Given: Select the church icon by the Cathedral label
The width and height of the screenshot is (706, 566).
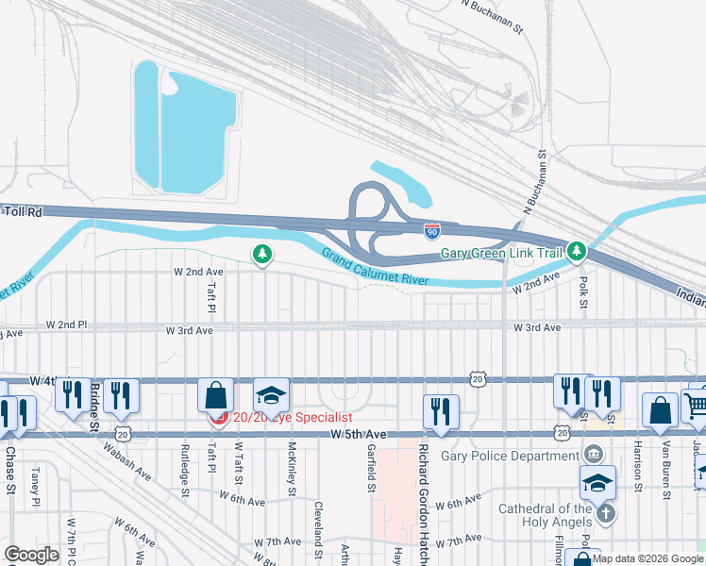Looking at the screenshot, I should coord(606,513).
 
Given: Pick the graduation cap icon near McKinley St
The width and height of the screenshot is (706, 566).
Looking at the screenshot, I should coord(271,394).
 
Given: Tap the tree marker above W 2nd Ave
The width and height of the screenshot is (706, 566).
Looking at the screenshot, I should coord(262,254).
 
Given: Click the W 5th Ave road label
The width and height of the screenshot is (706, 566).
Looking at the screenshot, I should coord(359,434).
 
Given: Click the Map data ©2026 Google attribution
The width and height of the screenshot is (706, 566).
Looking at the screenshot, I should coord(647,558).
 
